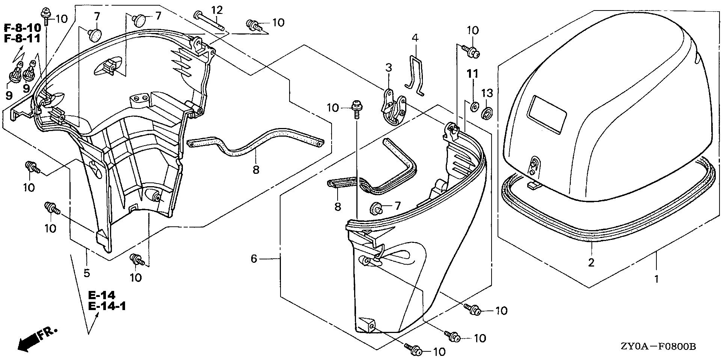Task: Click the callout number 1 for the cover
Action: tap(656, 279)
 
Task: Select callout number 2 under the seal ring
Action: tap(591, 262)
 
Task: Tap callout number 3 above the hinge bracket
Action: tap(388, 68)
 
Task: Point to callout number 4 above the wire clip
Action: tap(415, 38)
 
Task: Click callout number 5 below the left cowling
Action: tap(87, 273)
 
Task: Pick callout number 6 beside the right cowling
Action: tap(254, 259)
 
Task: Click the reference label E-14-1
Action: tap(107, 306)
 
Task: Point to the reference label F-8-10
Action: tap(23, 27)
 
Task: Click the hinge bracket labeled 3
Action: tap(392, 109)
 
